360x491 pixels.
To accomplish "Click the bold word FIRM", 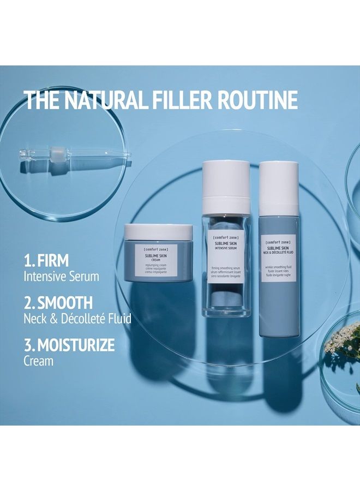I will pyautogui.click(x=53, y=259).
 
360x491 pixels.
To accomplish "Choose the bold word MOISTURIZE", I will pyautogui.click(x=76, y=345).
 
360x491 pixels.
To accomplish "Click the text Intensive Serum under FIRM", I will pyautogui.click(x=61, y=276).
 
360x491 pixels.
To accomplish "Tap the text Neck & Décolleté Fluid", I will pyautogui.click(x=77, y=319).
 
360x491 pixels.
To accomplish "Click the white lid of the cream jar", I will pyautogui.click(x=158, y=232).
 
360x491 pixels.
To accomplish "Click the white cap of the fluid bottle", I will pyautogui.click(x=279, y=186).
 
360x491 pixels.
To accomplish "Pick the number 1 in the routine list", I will pyautogui.click(x=28, y=259).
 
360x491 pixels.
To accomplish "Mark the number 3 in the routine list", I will pyautogui.click(x=28, y=345).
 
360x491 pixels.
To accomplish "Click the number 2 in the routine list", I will pyautogui.click(x=28, y=302).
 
